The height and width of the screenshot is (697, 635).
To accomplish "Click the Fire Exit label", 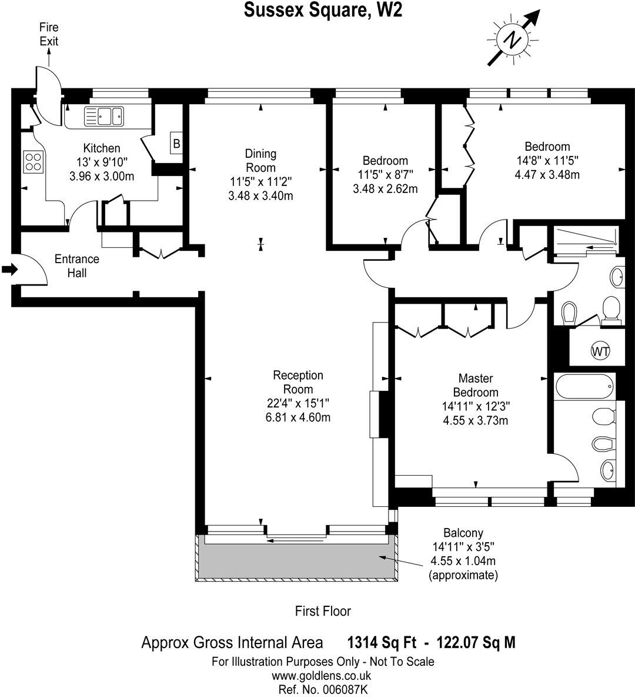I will [x=49, y=34].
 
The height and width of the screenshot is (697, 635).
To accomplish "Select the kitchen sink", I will [x=104, y=116].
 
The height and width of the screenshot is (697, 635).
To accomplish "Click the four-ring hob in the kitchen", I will [x=34, y=161].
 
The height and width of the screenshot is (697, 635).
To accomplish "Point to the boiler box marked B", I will [x=176, y=142].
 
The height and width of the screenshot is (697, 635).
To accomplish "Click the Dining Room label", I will [x=260, y=160].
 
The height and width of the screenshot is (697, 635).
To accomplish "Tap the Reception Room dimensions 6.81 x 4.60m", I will [x=298, y=417].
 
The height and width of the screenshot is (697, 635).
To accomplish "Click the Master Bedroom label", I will [x=475, y=385].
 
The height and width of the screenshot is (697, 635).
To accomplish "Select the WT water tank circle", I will [x=600, y=351].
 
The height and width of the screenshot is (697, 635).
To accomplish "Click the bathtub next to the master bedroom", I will [x=586, y=387].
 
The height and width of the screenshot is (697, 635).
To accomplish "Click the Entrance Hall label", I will [x=77, y=265].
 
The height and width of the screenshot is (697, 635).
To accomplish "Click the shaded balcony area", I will [x=294, y=556].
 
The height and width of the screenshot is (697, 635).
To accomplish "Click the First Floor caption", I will [x=323, y=611].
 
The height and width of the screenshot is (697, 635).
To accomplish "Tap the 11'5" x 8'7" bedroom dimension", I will [x=385, y=175].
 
